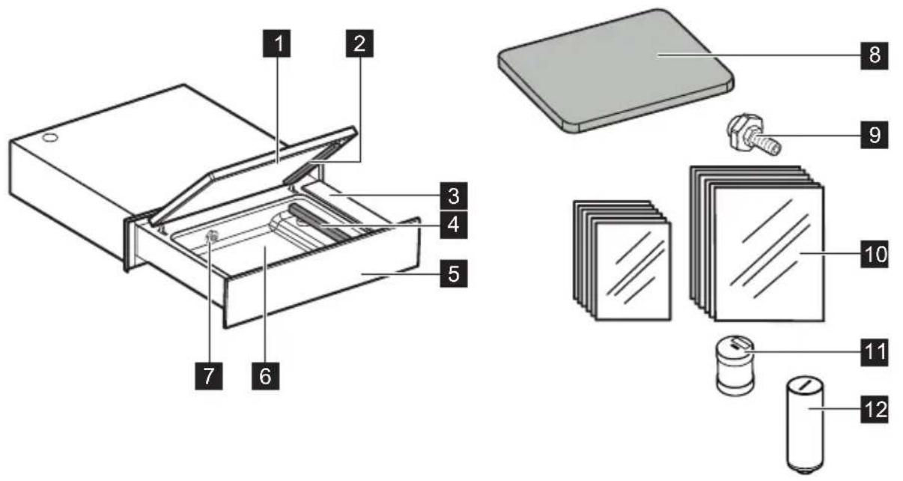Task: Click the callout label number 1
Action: click(x=276, y=43)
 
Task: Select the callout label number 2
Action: click(x=359, y=43)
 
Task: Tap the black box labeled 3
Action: click(x=454, y=196)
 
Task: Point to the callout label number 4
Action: click(x=454, y=225)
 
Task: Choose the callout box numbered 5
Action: click(x=454, y=273)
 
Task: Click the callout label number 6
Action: click(x=265, y=376)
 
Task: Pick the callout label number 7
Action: click(x=209, y=376)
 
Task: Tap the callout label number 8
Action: click(x=875, y=55)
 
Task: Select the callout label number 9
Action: click(x=875, y=135)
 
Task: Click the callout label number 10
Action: click(x=875, y=254)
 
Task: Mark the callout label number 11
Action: click(x=875, y=352)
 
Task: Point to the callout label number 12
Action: click(x=875, y=410)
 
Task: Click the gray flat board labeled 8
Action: click(x=616, y=70)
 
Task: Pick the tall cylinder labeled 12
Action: click(x=805, y=425)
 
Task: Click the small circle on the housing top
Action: click(x=50, y=138)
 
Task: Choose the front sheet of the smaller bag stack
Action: click(x=633, y=271)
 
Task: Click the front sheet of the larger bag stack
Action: click(x=769, y=254)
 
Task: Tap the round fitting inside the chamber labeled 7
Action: click(x=211, y=237)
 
